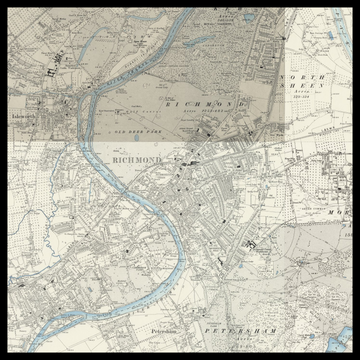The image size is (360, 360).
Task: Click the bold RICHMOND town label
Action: click(137, 160)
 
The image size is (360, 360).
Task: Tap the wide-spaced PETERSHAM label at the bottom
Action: click(240, 329)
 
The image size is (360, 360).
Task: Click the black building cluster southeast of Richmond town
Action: click(250, 242)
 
